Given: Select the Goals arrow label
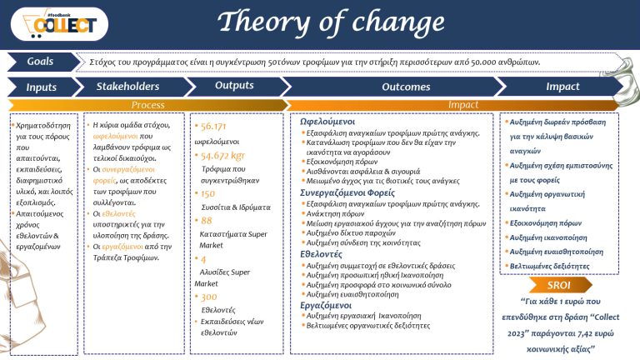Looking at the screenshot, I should [x=41, y=62].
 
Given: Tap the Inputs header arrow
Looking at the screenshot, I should [x=40, y=87].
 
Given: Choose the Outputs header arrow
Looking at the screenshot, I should [x=234, y=86].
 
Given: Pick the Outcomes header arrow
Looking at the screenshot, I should [x=405, y=87].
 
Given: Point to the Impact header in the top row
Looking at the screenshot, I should [x=562, y=86].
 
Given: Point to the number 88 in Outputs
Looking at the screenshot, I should [x=207, y=220].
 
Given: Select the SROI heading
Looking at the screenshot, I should [x=558, y=284].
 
